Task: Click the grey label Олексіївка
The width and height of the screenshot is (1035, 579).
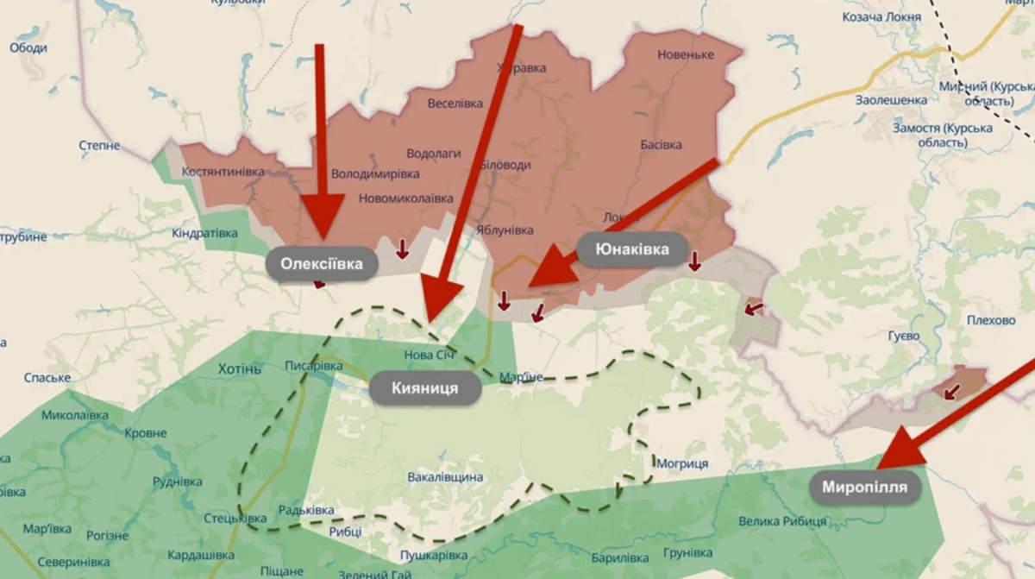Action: click(x=322, y=264)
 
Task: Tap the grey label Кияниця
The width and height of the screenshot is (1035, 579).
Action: click(x=424, y=388)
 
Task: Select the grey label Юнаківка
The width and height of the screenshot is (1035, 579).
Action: click(x=633, y=249)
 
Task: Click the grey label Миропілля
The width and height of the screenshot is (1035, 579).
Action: click(x=864, y=488)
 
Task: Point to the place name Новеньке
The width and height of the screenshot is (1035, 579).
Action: click(x=686, y=54)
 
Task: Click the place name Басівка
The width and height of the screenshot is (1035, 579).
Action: click(x=662, y=145)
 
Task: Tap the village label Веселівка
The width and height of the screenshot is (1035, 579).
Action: click(x=455, y=104)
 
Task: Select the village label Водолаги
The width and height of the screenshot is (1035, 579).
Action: click(x=434, y=154)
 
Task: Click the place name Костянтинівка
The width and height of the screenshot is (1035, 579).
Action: click(x=223, y=172)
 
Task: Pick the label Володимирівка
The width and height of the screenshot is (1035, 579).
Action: click(x=375, y=173)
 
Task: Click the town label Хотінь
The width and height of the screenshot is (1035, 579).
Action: click(x=239, y=369)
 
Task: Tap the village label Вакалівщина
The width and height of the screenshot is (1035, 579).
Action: click(x=445, y=477)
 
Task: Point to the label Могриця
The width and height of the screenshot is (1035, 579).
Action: click(x=682, y=464)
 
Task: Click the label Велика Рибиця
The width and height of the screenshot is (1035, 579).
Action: click(x=782, y=521)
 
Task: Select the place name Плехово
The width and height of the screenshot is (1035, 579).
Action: click(x=991, y=320)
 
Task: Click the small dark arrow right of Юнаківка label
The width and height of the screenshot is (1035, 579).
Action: click(x=694, y=261)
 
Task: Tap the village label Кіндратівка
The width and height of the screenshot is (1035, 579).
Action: click(x=204, y=234)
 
